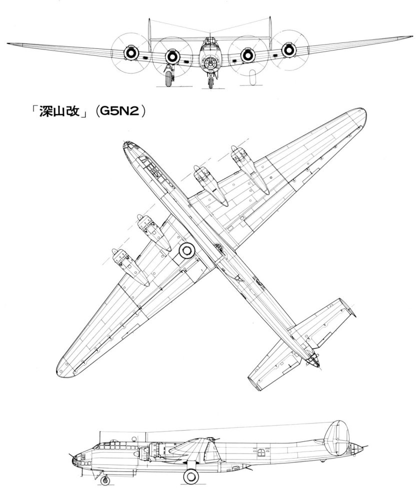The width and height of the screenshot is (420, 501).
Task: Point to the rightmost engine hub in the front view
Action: pos(288,50)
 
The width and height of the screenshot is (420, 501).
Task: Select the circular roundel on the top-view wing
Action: pos(187,250)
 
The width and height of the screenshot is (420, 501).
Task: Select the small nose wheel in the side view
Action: pos(105,481)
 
